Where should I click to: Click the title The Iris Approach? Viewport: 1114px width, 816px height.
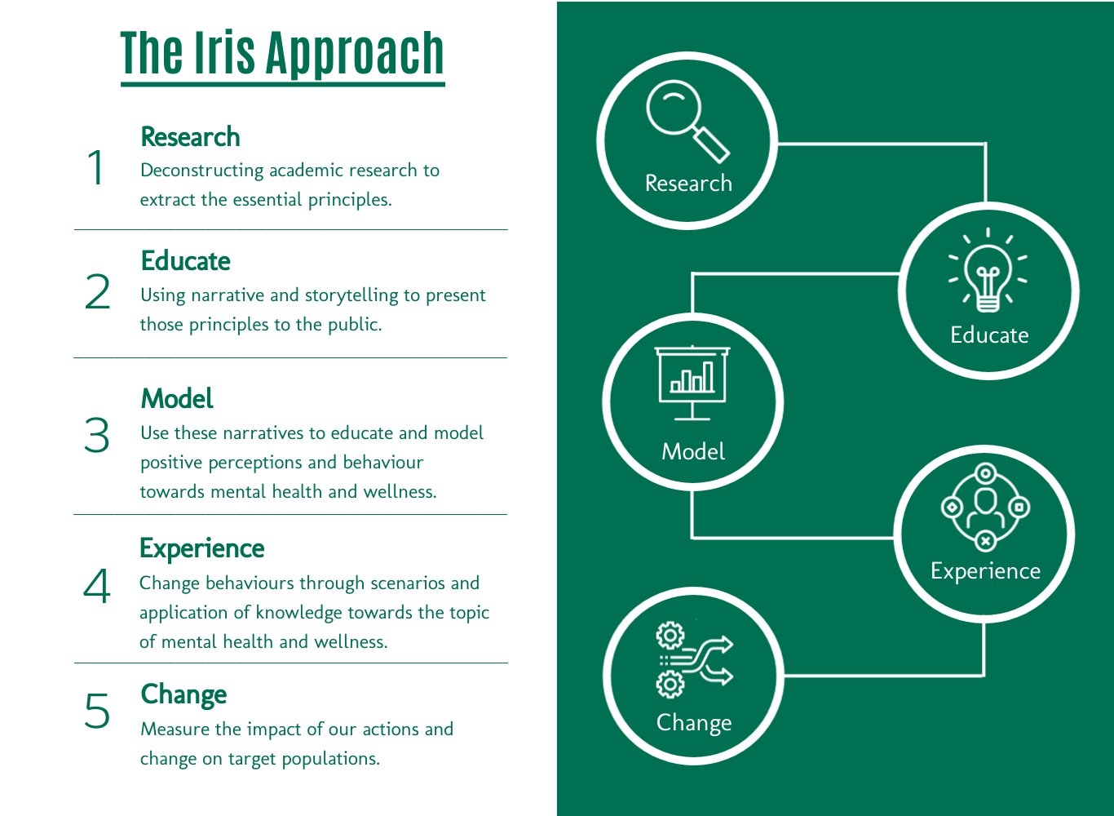pos(282,53)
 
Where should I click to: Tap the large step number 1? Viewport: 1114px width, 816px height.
pos(95,167)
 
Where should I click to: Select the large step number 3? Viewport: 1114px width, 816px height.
pos(97,435)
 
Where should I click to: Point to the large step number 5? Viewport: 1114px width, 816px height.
pos(97,711)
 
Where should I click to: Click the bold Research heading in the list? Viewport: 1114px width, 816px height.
pos(190,137)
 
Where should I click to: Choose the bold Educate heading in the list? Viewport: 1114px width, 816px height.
pos(185,261)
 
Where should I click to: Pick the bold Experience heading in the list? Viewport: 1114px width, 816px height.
pos(202,549)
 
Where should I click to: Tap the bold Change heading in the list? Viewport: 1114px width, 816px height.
pos(183,695)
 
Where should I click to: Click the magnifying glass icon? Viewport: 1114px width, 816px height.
pos(687,122)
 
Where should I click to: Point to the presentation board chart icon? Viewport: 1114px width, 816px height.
pos(692,383)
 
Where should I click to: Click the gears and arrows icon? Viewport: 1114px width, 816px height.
pos(694,660)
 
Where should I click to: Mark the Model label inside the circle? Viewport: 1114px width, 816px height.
pos(692,452)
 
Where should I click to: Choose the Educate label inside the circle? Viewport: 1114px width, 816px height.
pos(989,335)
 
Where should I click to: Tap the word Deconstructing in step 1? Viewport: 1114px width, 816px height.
pos(202,171)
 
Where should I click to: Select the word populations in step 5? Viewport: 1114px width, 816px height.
pos(331,759)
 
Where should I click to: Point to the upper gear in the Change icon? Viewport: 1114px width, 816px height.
pos(670,636)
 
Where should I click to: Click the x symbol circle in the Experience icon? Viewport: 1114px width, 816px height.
pos(985,541)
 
